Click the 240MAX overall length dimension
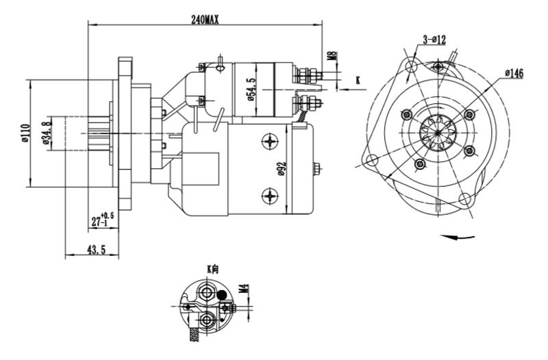[x=205, y=20]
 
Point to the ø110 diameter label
[x=25, y=133]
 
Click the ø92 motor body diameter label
[x=282, y=168]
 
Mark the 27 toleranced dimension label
[x=102, y=219]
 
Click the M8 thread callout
[x=334, y=56]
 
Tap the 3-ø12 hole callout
[x=434, y=40]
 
